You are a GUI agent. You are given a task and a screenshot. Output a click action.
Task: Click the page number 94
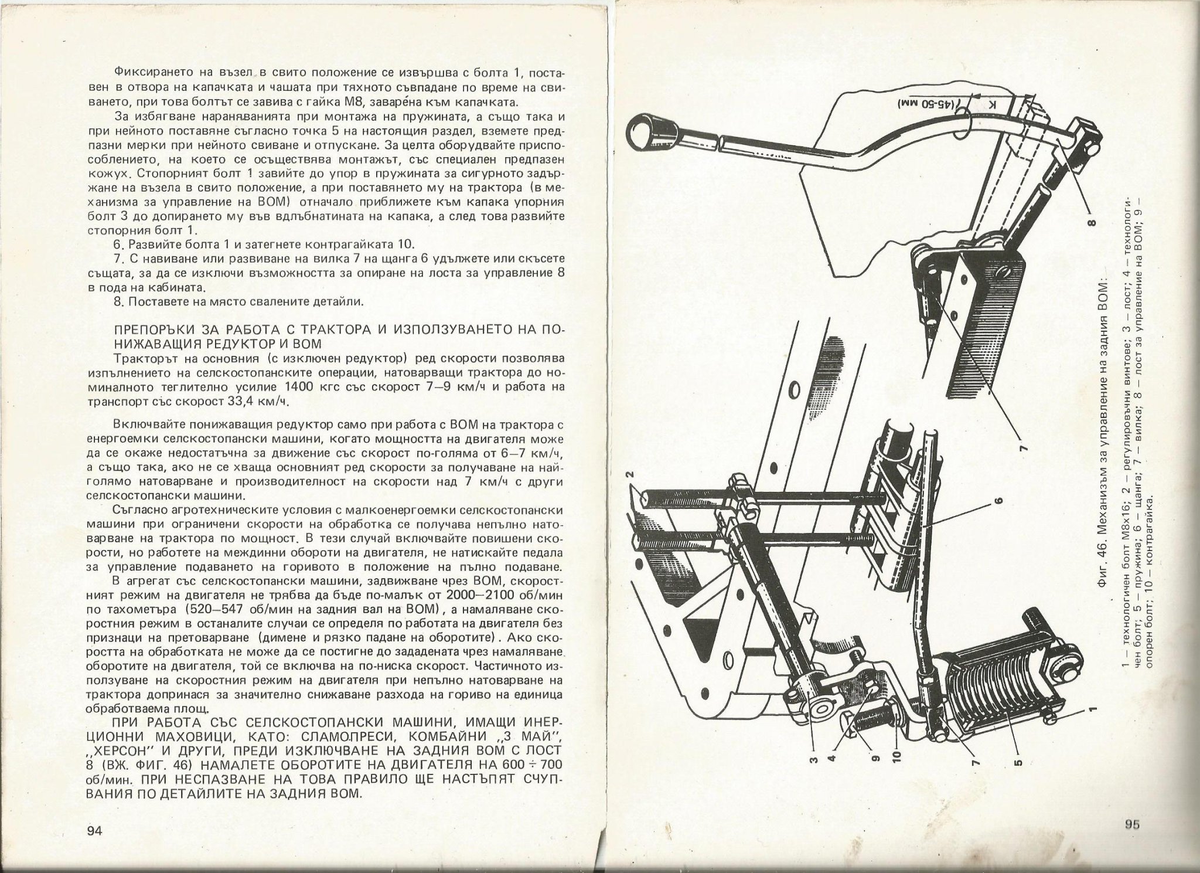pos(94,831)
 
